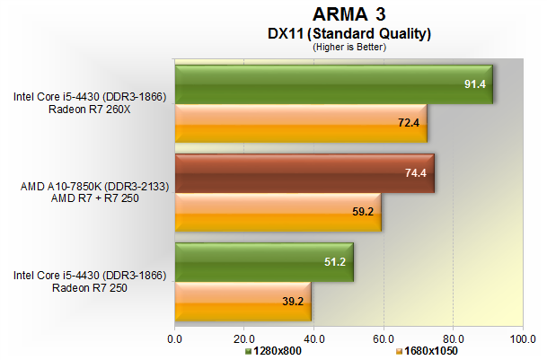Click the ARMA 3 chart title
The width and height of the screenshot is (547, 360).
pyautogui.click(x=349, y=13)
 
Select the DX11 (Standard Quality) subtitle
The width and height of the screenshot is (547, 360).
pyautogui.click(x=349, y=33)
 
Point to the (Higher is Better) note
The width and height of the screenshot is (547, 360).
pyautogui.click(x=349, y=47)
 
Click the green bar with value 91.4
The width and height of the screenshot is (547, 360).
pyautogui.click(x=333, y=84)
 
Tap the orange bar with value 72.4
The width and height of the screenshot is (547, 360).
pyautogui.click(x=300, y=122)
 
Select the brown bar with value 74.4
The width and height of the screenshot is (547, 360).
pyautogui.click(x=304, y=173)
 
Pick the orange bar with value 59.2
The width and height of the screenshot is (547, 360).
pyautogui.click(x=278, y=212)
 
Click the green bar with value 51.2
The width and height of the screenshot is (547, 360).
pyautogui.click(x=264, y=262)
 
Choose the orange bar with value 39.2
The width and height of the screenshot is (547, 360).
pyautogui.click(x=243, y=301)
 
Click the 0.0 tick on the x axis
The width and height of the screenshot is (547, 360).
pyautogui.click(x=175, y=338)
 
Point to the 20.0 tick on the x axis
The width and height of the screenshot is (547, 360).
pyautogui.click(x=244, y=338)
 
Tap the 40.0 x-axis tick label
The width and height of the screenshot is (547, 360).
pyautogui.click(x=313, y=338)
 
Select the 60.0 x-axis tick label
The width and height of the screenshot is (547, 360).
pyautogui.click(x=384, y=338)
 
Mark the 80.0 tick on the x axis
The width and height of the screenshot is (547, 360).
pyautogui.click(x=453, y=338)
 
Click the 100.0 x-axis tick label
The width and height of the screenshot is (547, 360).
pyautogui.click(x=522, y=338)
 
